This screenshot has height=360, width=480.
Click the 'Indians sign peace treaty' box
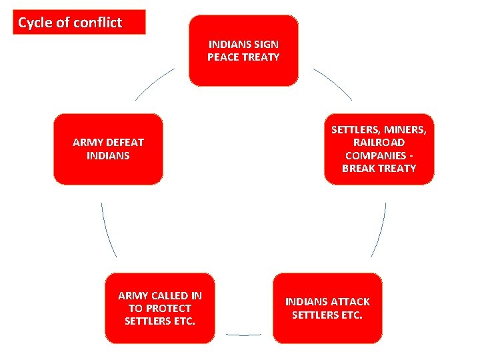(243, 51)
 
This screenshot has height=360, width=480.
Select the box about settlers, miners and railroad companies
(379, 149)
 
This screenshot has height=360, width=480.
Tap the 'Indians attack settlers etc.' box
(327, 308)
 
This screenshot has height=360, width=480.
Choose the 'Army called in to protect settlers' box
(160, 308)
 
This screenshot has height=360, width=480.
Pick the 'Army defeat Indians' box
(108, 149)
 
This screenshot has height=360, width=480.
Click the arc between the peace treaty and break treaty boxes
(333, 83)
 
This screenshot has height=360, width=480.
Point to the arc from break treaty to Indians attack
(380, 231)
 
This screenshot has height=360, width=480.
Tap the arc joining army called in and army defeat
(107, 231)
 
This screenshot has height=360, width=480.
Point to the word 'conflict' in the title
(98, 23)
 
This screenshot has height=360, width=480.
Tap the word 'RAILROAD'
(379, 143)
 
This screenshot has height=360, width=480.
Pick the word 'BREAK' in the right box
(359, 168)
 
